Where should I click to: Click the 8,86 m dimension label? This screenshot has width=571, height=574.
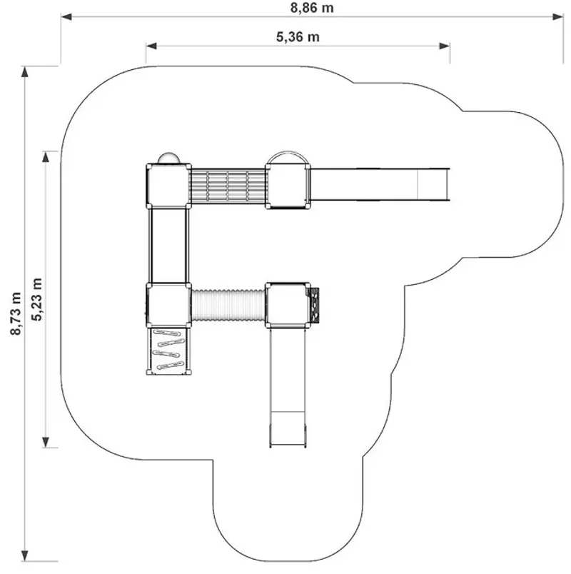coord(312,8)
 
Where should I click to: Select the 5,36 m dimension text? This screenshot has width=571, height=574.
coord(298,37)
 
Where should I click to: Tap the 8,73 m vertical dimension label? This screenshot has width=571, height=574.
coord(16,313)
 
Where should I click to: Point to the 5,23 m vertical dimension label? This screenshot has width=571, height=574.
coord(37,299)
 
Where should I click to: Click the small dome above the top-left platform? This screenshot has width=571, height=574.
coord(168,158)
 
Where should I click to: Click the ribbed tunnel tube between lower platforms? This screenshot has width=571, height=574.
coord(228,305)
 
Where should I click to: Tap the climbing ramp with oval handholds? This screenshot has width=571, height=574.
coord(168,351)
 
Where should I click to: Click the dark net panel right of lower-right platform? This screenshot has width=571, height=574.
coord(315,305)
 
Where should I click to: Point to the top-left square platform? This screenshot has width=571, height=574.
coord(168,186)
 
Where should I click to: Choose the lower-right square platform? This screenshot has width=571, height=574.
coord(288,305)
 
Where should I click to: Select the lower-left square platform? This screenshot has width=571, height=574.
coord(168,305)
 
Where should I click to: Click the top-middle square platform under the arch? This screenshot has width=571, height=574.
coord(288,186)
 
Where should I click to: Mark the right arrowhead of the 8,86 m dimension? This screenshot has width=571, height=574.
coord(558,17)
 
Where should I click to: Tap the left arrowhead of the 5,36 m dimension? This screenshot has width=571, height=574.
coord(151,46)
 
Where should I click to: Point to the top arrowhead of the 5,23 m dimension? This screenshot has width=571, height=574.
coord(46,156)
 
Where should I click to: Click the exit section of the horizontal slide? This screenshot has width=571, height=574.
coord(433,184)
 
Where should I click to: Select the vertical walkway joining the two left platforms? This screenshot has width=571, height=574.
coord(168,246)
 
